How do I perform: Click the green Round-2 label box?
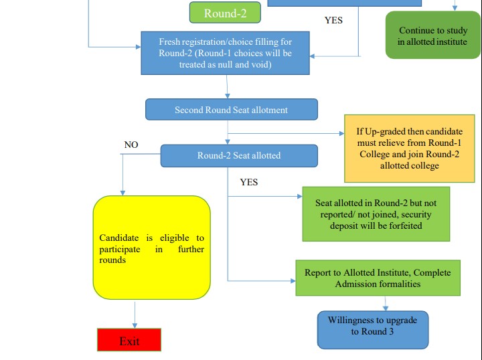point(220,13)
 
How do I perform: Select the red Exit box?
point(129,340)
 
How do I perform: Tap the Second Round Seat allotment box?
point(231,110)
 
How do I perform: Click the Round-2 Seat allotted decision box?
point(238,155)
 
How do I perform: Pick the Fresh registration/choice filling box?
point(226,53)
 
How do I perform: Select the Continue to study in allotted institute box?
point(432,36)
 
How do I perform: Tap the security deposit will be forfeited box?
point(376,214)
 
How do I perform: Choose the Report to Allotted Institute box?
point(378,278)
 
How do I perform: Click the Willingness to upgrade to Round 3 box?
point(372,327)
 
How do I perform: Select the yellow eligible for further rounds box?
point(151,248)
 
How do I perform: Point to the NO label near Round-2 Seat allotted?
point(131,145)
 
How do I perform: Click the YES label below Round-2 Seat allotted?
point(248,182)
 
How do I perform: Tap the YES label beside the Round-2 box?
point(333,20)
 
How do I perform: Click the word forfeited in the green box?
point(402,226)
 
